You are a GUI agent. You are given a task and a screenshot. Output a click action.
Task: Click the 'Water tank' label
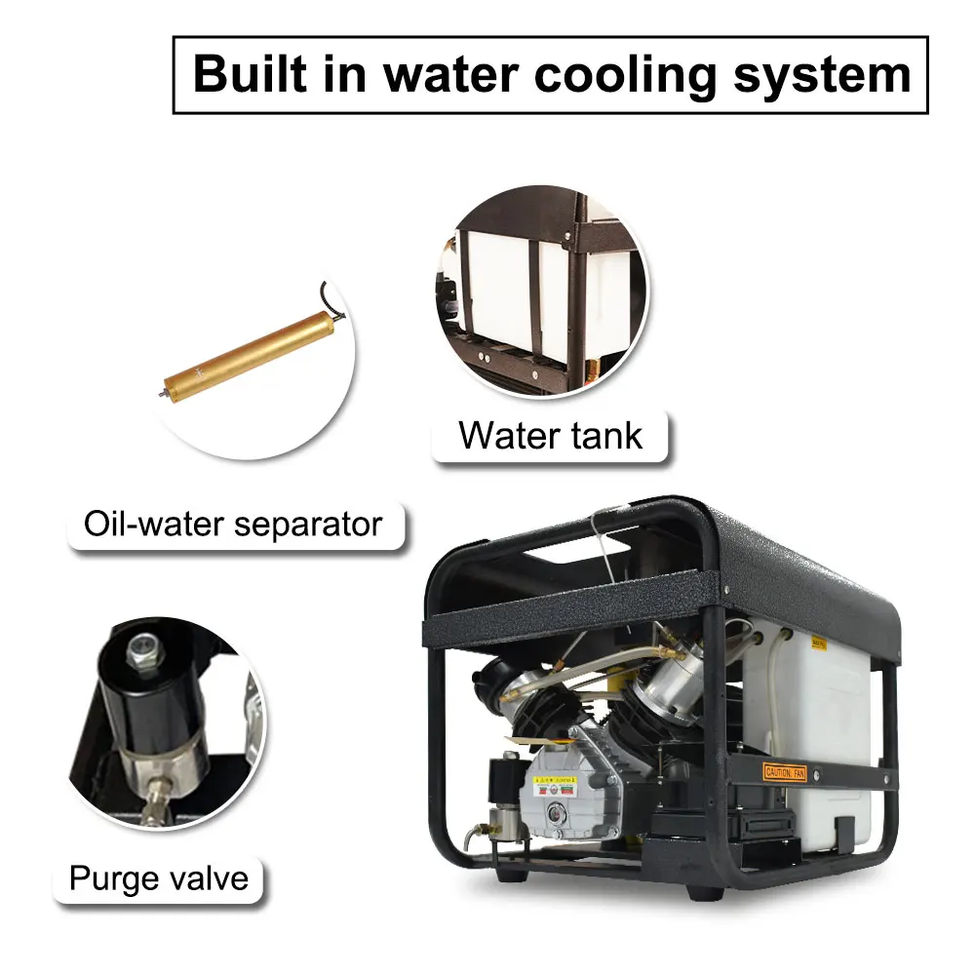(x=551, y=435)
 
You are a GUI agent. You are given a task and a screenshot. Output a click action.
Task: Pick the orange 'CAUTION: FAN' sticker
(x=786, y=772)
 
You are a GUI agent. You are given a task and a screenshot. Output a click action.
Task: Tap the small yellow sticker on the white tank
(x=820, y=643)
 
